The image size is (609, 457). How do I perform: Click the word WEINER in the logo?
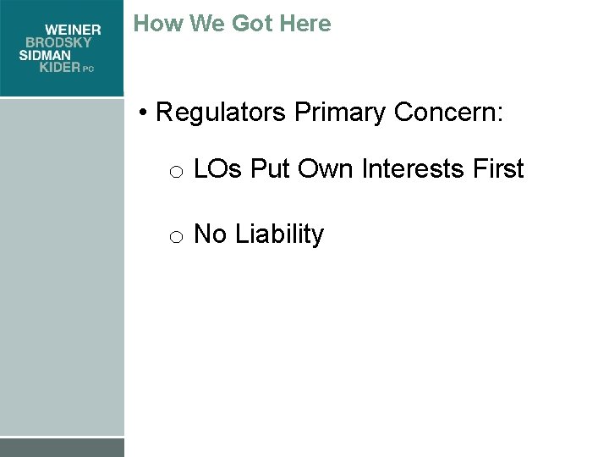[x=73, y=30]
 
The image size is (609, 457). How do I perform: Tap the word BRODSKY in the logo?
[x=63, y=42]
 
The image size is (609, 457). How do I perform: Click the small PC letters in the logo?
[x=88, y=69]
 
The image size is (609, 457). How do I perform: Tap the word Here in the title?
[x=305, y=24]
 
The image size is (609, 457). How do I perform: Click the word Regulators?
[x=222, y=113]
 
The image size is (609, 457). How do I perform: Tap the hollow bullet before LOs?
[x=176, y=173]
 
